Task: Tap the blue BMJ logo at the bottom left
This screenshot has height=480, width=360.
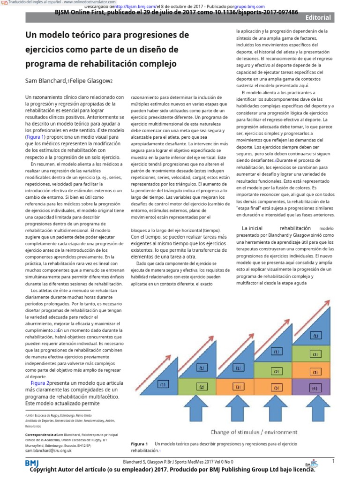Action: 32,463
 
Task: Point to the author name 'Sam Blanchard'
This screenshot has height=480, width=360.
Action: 45,81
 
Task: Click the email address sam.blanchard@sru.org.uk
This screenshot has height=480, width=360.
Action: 48,450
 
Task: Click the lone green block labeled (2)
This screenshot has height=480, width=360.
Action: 202,387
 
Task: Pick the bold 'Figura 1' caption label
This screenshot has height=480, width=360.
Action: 139,443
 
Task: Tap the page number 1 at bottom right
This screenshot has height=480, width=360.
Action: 333,461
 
